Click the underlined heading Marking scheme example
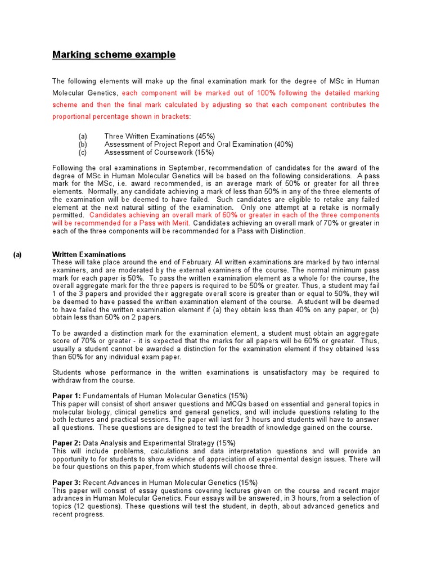114,55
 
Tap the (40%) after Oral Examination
283,145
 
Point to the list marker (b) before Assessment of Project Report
83,145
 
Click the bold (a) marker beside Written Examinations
17,255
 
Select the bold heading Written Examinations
89,255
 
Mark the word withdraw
66,380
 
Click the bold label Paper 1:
66,396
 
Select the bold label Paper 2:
66,443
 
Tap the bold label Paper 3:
66,483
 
